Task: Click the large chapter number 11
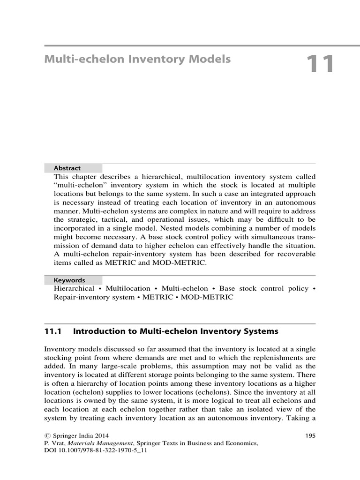(321, 64)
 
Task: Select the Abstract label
(67, 168)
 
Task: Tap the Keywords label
(69, 280)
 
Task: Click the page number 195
(310, 435)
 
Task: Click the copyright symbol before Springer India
(47, 435)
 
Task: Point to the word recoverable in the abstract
(297, 254)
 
